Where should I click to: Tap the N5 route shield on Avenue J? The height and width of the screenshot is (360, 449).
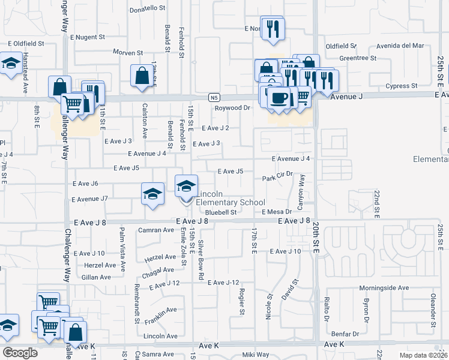point(214,97)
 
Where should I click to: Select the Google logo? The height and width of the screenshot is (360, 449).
point(20,352)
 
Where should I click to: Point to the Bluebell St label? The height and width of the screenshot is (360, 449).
point(221,212)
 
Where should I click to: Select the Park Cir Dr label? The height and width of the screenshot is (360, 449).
point(277,179)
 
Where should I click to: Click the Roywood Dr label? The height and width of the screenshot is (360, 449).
point(232,108)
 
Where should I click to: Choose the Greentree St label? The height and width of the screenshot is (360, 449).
point(357,58)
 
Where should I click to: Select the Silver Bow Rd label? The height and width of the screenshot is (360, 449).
point(202,258)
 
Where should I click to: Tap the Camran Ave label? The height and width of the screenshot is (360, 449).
point(155,230)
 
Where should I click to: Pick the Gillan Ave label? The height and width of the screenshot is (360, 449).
point(96,277)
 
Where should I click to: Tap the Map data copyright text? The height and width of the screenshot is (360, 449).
point(423,355)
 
